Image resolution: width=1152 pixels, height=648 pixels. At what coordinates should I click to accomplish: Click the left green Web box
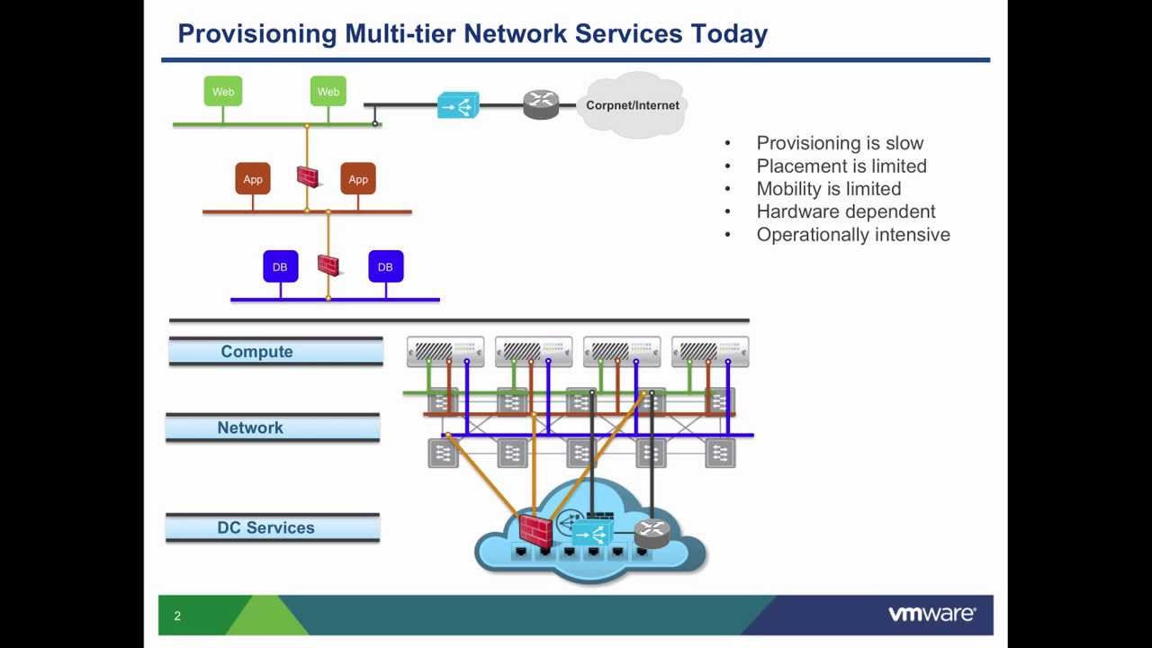222,91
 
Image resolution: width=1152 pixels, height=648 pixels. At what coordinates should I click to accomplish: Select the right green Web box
328,91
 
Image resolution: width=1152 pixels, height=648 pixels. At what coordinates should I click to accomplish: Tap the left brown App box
253,178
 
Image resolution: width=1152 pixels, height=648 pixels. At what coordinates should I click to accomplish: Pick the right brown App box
358,178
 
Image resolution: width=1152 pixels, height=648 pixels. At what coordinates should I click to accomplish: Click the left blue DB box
280,266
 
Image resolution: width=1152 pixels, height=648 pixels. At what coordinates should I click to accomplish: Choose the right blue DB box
386,266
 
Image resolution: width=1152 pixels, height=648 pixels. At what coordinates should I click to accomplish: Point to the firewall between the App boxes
309,177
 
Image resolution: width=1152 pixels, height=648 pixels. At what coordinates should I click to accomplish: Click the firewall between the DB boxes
329,265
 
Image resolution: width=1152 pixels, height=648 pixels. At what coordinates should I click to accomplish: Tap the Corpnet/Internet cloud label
633,105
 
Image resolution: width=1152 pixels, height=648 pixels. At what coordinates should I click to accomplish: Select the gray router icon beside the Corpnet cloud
541,104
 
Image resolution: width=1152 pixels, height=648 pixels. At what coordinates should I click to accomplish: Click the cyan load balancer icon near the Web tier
458,105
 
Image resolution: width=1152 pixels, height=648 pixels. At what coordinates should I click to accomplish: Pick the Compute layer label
256,351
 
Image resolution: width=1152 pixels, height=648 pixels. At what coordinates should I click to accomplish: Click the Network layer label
250,427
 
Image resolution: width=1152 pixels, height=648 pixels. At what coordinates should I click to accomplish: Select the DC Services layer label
265,527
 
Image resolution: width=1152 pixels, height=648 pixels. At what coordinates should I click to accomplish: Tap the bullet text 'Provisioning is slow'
840,143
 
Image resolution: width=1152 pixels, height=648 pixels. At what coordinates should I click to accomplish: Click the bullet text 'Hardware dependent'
845,211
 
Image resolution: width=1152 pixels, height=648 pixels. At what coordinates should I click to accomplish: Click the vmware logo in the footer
931,614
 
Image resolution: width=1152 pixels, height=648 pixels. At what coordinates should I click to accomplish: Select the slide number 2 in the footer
177,616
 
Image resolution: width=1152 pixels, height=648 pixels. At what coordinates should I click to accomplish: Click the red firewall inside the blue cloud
535,530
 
